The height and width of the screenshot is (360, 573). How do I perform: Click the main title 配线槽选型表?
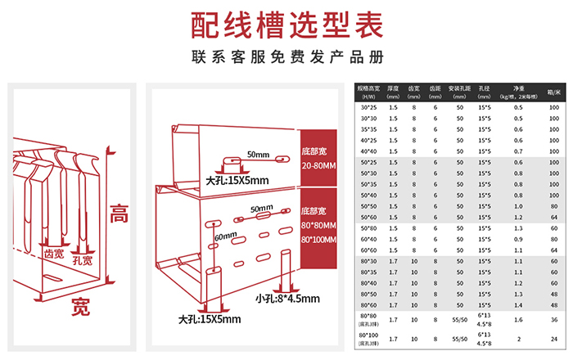pyautogui.click(x=286, y=25)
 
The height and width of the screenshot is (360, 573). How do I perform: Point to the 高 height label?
pyautogui.click(x=120, y=214)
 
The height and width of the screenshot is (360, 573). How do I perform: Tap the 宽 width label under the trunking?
pyautogui.click(x=79, y=308)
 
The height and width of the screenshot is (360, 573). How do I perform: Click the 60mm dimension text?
pyautogui.click(x=226, y=237)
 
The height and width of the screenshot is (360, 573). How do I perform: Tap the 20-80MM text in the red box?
pyautogui.click(x=320, y=165)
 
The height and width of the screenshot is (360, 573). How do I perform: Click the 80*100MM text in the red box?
pyautogui.click(x=320, y=239)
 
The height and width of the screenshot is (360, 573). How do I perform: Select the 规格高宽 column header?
pyautogui.click(x=369, y=90)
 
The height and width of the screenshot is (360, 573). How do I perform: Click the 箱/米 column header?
pyautogui.click(x=553, y=91)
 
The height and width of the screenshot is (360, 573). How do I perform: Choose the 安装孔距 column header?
pyautogui.click(x=460, y=90)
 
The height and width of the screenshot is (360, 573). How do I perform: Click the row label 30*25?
pyautogui.click(x=369, y=108)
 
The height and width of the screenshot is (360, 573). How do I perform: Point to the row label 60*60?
pyautogui.click(x=369, y=250)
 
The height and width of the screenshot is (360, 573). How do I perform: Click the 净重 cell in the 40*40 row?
pyautogui.click(x=518, y=151)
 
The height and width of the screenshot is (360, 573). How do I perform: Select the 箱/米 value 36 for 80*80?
pyautogui.click(x=553, y=318)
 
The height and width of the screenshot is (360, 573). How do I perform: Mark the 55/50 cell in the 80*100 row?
pyautogui.click(x=460, y=338)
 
